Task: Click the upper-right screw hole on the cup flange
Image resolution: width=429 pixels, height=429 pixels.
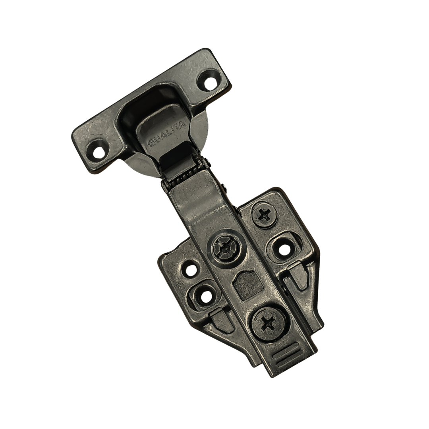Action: tap(210, 81)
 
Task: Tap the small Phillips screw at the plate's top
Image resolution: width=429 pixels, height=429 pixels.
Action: tap(264, 215)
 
